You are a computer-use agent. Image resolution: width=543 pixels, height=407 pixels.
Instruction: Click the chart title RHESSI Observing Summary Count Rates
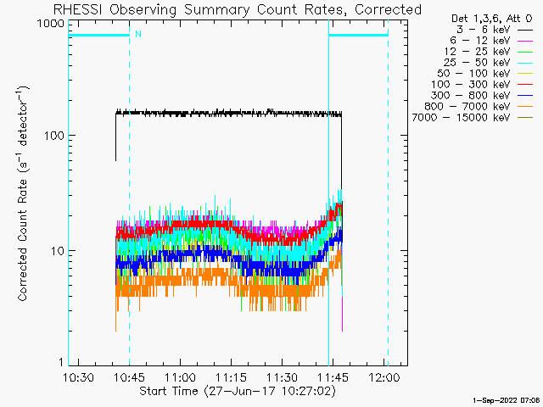pyautogui.click(x=237, y=9)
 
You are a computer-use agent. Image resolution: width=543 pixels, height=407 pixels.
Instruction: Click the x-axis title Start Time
pyautogui.click(x=237, y=391)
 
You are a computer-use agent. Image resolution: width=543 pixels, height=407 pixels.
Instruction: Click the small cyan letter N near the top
pyautogui.click(x=137, y=34)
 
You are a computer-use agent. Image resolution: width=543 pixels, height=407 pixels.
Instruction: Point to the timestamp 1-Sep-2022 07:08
pyautogui.click(x=507, y=399)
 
